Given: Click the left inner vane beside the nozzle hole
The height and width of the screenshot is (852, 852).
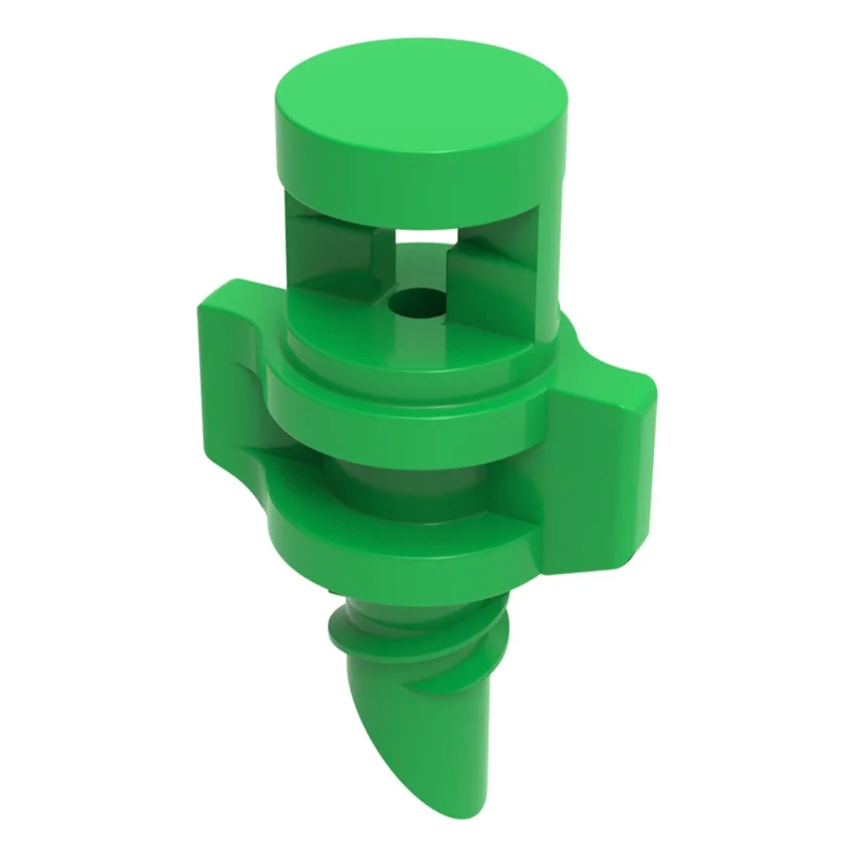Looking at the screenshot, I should (x=331, y=252).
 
